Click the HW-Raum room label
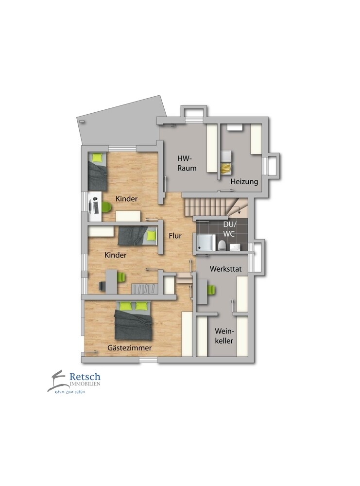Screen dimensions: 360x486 187,163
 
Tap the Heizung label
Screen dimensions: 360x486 244,182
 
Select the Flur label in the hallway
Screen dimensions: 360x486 175,236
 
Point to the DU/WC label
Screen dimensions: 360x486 229,229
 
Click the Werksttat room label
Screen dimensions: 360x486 225,269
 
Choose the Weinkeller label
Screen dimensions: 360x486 224,336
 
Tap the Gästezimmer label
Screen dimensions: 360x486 130,348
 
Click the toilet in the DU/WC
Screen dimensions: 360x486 221,245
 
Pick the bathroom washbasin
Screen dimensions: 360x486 235,247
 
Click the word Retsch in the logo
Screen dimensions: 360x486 85,377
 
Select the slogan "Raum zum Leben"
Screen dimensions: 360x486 69,392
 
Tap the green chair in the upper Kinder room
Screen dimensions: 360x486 106,207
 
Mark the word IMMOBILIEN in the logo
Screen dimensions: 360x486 85,384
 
